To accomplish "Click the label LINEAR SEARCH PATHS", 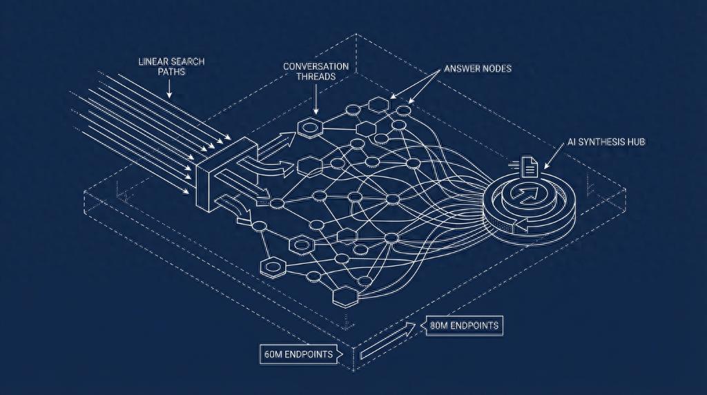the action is [x=171, y=66].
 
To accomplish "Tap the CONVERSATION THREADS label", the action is [x=316, y=71].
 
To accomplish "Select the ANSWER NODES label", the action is [x=478, y=68].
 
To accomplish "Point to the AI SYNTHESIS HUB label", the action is [x=606, y=142].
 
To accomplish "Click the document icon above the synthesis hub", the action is [x=530, y=166].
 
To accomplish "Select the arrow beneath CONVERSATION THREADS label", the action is [x=316, y=99].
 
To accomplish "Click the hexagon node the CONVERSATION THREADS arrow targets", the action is [x=310, y=128].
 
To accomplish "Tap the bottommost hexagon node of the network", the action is [x=345, y=296].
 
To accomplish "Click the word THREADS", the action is [x=316, y=77].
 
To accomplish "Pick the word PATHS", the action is [x=171, y=71].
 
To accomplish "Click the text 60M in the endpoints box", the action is [x=272, y=354].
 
